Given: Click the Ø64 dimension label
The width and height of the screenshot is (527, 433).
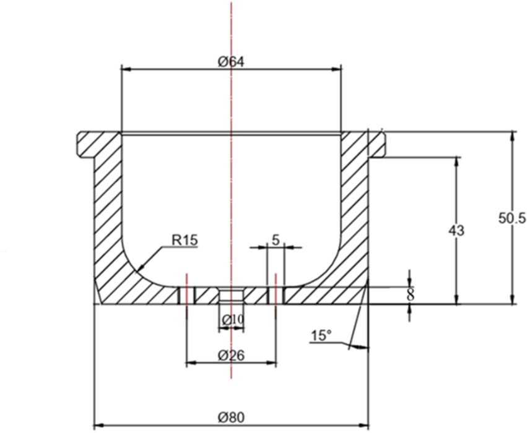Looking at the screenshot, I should point(230,61).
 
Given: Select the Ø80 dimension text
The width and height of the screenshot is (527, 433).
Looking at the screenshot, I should point(230,418).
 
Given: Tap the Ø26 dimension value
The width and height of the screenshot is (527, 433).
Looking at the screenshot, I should point(230,355).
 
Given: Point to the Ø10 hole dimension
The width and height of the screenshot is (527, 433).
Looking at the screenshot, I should point(232,319).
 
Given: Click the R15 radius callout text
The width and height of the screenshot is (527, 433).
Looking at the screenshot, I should point(185,241).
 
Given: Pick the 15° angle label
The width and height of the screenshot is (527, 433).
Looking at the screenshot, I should point(321,336).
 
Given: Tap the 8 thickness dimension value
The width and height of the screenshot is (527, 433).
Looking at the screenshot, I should point(409,295).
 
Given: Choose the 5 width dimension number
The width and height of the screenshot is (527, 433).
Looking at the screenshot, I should point(276,241).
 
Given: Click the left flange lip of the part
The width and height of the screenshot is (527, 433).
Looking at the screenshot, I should point(87,144).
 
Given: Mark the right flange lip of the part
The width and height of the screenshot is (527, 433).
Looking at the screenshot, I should point(377,144).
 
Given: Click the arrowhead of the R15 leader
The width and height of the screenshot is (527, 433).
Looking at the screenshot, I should point(137,270).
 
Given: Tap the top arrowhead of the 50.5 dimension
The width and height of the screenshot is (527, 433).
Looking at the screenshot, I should point(512,135).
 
